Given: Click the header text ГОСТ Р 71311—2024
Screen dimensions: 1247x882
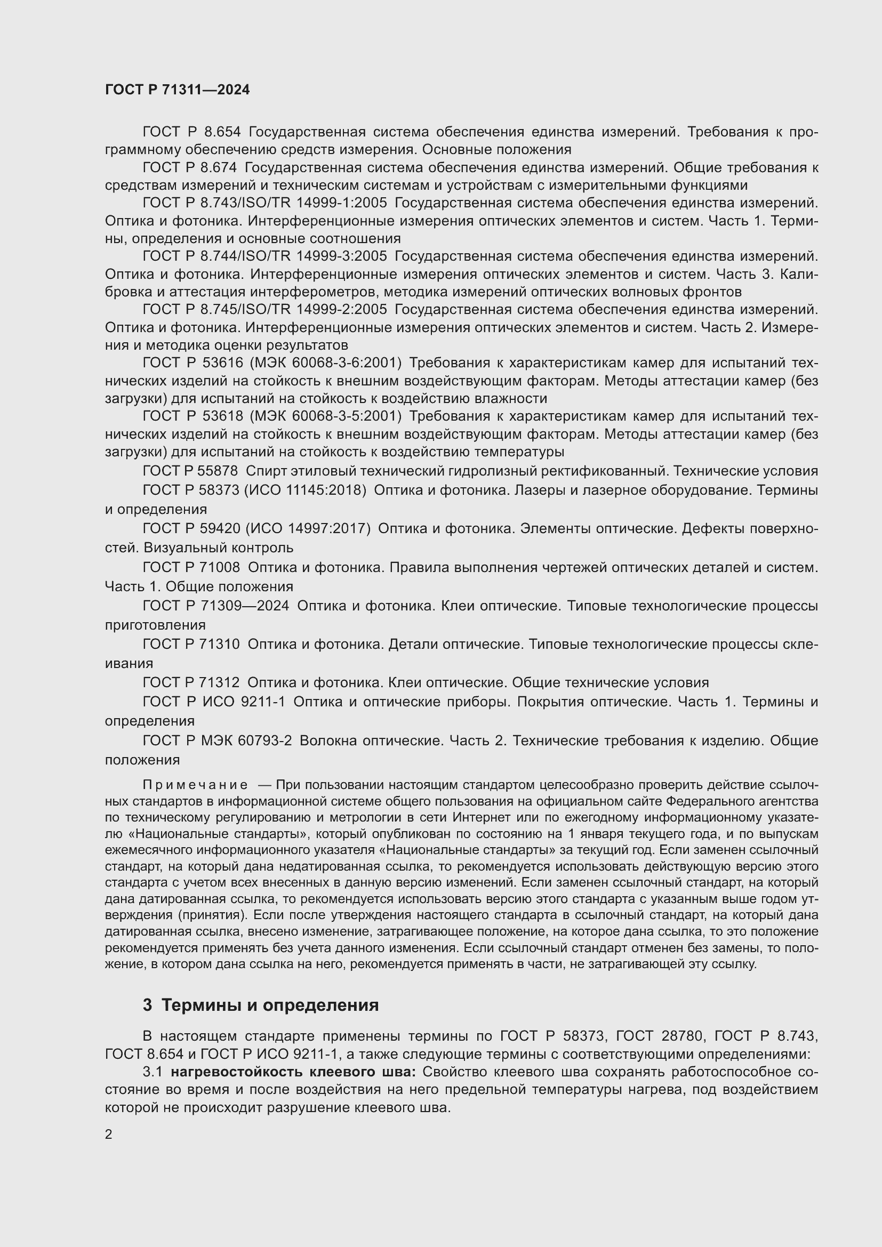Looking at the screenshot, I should (177, 90).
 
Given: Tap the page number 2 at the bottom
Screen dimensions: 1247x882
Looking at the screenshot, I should (109, 1134).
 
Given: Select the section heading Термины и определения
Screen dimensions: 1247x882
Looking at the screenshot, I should (270, 1005).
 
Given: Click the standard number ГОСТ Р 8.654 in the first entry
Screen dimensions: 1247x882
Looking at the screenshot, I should (191, 132).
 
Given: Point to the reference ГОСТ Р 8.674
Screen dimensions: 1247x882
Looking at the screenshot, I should (189, 168).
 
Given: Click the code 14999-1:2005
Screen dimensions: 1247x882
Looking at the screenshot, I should (342, 203).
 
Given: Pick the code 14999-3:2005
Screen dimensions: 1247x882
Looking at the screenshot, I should (342, 256).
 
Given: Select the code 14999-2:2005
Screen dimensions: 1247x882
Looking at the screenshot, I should (342, 310).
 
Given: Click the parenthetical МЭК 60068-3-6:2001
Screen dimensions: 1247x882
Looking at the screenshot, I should (325, 363).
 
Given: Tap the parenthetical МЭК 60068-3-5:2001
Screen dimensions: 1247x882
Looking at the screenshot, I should (325, 416).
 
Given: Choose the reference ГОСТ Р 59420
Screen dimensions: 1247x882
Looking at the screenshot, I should (191, 528).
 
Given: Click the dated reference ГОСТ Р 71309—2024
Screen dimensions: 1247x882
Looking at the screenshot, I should (215, 606).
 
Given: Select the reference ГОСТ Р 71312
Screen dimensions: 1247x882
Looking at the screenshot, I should (191, 683).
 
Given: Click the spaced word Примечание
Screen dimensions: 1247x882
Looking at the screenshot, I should (195, 785).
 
